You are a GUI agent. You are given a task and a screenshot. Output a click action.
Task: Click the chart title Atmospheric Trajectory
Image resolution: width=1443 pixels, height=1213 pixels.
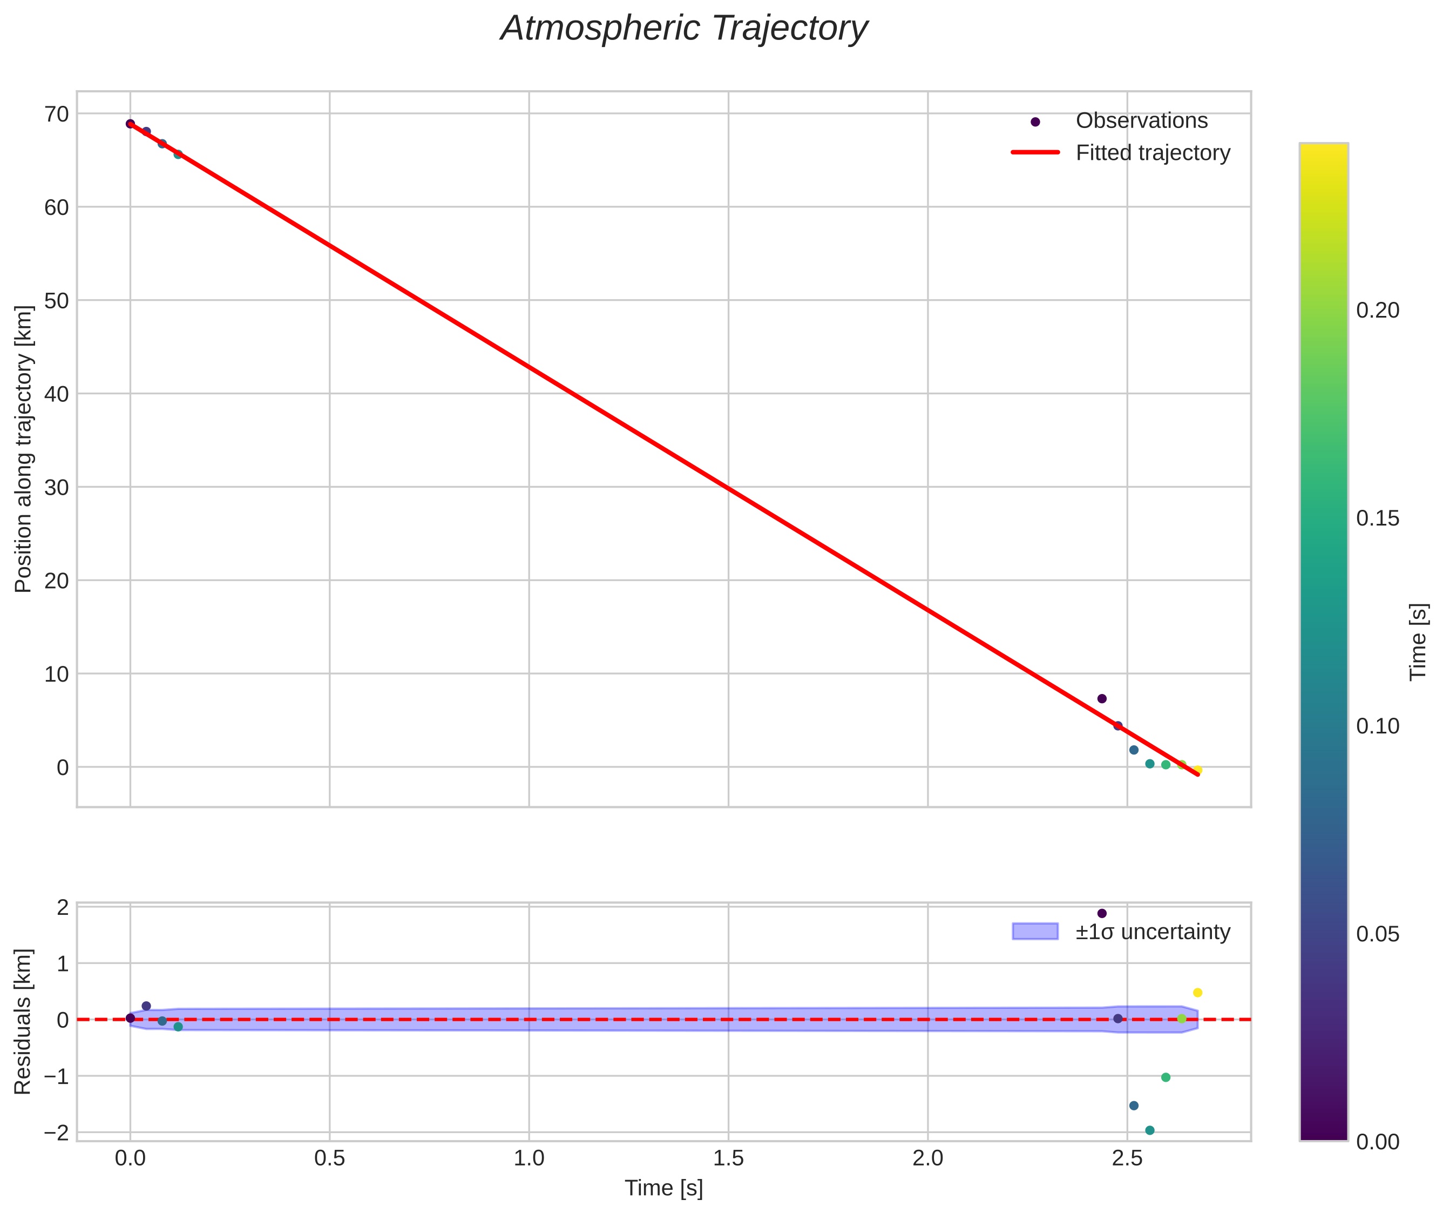[684, 29]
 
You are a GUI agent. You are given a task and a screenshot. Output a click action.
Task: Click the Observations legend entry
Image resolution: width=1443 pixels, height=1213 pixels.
[1141, 121]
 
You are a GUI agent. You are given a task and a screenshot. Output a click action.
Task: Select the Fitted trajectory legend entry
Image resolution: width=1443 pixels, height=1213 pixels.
[1152, 153]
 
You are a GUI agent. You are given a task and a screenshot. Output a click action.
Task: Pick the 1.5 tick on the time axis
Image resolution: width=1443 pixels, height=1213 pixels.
[728, 1158]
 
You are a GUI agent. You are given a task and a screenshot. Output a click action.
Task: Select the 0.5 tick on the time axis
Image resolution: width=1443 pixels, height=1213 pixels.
[329, 1158]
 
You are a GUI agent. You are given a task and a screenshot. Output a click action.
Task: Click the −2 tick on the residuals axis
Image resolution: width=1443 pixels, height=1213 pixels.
[57, 1133]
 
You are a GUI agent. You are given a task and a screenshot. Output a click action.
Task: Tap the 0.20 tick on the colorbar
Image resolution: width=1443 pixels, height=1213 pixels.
[1377, 311]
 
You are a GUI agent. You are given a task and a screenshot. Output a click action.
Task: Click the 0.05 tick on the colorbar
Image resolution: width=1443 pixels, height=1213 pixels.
[1377, 934]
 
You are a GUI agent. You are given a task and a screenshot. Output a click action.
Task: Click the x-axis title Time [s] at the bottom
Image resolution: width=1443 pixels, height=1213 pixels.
[663, 1188]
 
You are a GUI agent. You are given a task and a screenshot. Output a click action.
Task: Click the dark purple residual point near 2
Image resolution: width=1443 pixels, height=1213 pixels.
[1102, 914]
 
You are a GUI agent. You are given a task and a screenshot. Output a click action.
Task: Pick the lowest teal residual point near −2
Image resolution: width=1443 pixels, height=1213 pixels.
[1149, 1130]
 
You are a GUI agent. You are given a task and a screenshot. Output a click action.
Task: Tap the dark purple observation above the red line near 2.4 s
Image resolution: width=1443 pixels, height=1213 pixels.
[1102, 699]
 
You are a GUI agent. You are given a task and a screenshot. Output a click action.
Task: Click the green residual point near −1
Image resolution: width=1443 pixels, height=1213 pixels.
[1166, 1077]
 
